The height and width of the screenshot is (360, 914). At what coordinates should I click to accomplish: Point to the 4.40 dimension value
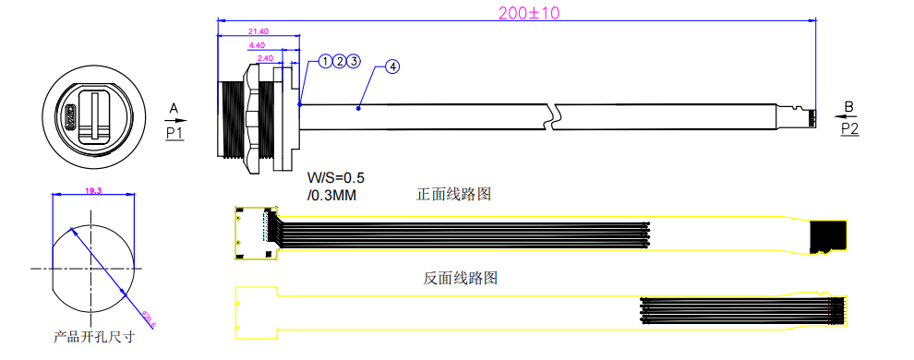pyautogui.click(x=257, y=44)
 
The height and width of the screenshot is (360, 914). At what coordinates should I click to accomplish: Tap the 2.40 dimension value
pyautogui.click(x=265, y=57)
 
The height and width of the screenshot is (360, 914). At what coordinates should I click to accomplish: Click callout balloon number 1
pyautogui.click(x=326, y=62)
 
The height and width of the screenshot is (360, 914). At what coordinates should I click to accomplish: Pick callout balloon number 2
pyautogui.click(x=340, y=62)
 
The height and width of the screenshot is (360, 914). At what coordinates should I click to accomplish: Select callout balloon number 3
pyautogui.click(x=354, y=62)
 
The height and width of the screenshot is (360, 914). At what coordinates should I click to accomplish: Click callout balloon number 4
pyautogui.click(x=393, y=67)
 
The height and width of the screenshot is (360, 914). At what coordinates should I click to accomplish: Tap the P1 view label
pyautogui.click(x=175, y=133)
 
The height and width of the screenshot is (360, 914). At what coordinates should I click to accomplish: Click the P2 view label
pyautogui.click(x=849, y=130)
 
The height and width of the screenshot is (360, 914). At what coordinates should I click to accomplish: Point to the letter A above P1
pyautogui.click(x=174, y=110)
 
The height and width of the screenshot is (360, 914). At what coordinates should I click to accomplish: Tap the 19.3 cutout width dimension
pyautogui.click(x=93, y=190)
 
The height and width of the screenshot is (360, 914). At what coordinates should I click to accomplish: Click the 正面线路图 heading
pyautogui.click(x=452, y=195)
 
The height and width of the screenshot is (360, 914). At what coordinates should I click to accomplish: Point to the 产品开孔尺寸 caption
pyautogui.click(x=94, y=337)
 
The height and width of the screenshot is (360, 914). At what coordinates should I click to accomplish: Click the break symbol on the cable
pyautogui.click(x=552, y=115)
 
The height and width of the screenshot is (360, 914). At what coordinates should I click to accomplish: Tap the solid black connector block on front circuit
pyautogui.click(x=828, y=236)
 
